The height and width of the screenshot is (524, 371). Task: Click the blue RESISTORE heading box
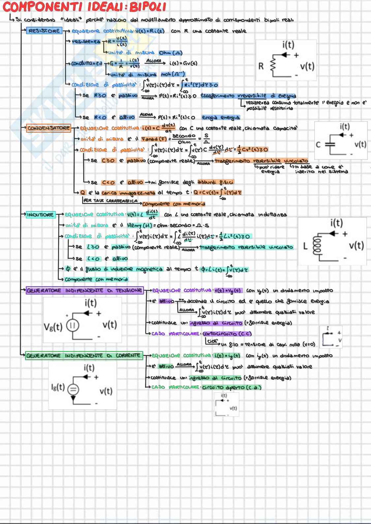pyautogui.click(x=44, y=31)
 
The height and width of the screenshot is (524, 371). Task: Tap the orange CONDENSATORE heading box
pyautogui.click(x=48, y=128)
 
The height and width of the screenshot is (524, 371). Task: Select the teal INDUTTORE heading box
pyautogui.click(x=40, y=215)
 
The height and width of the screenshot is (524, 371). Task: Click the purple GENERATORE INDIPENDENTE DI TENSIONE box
pyautogui.click(x=84, y=291)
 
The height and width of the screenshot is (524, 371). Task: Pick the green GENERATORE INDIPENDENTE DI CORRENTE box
pyautogui.click(x=84, y=356)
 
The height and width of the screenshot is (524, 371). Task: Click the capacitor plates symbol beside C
pyautogui.click(x=330, y=144)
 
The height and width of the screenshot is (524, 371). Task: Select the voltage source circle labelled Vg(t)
pyautogui.click(x=72, y=326)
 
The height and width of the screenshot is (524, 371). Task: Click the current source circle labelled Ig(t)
pyautogui.click(x=73, y=390)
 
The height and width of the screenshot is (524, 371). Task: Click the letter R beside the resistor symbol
pyautogui.click(x=261, y=66)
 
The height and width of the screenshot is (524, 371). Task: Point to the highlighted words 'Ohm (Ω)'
pyautogui.click(x=170, y=53)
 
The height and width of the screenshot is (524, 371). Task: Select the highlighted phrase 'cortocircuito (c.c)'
pyautogui.click(x=227, y=334)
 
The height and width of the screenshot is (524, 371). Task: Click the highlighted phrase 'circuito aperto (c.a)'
pyautogui.click(x=232, y=387)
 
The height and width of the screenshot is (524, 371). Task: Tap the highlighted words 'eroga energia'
pyautogui.click(x=221, y=117)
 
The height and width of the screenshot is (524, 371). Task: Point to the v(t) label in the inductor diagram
pyautogui.click(x=356, y=246)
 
